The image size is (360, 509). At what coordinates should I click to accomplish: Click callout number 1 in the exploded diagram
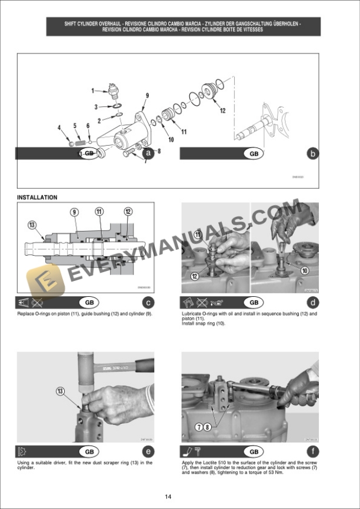pos(93,91)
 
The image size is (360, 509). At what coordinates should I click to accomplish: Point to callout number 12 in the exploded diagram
pos(222,110)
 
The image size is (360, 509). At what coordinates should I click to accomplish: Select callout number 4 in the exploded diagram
pos(59,128)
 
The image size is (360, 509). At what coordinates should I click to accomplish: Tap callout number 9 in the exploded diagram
pos(147,95)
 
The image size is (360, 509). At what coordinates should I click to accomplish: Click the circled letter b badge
pos(313,153)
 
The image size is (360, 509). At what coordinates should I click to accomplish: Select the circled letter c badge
pos(149,303)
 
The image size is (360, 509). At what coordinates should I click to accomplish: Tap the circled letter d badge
pos(313,303)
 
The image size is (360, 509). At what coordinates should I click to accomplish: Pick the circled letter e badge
pos(149,451)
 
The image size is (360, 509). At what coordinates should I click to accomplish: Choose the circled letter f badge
pos(313,451)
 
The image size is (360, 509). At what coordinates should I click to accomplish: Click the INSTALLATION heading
pos(37,197)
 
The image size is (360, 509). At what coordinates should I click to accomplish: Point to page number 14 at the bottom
pos(169,497)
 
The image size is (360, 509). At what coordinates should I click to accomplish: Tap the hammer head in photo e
pos(87,364)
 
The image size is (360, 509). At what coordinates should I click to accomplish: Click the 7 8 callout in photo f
pos(203,426)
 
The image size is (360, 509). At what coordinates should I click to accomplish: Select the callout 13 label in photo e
pos(60,390)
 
